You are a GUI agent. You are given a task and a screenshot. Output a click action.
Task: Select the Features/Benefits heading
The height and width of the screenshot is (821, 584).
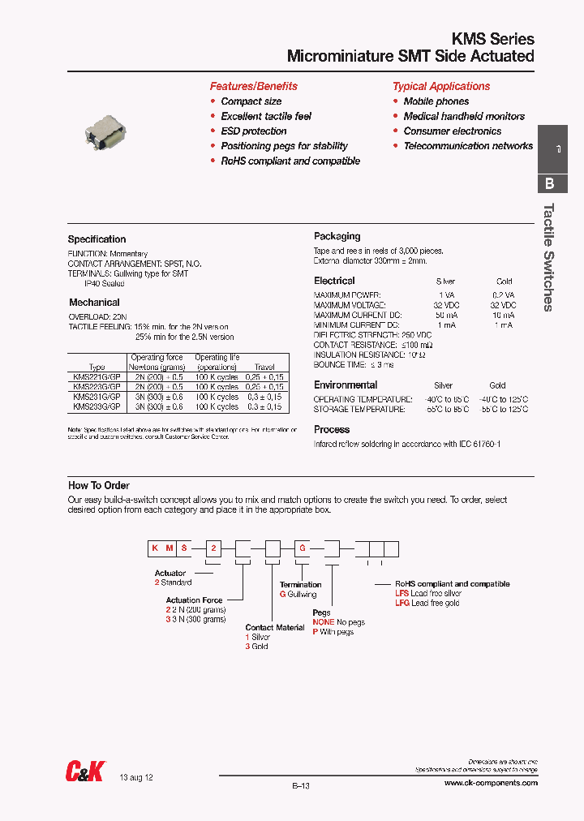click(253, 86)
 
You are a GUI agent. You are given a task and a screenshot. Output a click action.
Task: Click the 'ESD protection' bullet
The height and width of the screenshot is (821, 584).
click(253, 131)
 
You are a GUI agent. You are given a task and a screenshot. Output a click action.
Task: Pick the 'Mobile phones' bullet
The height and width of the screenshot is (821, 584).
click(436, 101)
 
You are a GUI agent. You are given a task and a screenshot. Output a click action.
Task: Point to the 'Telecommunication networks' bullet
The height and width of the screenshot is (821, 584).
click(468, 146)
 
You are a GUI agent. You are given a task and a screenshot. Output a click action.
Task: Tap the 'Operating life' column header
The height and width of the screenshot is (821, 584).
click(217, 357)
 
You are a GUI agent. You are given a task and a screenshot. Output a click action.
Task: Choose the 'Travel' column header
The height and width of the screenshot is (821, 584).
click(264, 368)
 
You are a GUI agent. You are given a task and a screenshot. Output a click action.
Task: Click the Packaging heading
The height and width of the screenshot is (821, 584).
click(337, 236)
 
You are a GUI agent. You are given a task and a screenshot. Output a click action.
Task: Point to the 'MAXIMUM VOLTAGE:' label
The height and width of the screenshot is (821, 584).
click(347, 304)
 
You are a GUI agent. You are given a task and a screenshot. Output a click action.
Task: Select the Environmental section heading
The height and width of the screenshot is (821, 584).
click(346, 385)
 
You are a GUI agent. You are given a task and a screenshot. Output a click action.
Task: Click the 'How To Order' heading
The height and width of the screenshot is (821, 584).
click(99, 486)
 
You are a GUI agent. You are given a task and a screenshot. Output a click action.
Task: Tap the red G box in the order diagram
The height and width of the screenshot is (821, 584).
click(302, 549)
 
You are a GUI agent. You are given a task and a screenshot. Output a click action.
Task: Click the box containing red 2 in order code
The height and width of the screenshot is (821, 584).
click(213, 549)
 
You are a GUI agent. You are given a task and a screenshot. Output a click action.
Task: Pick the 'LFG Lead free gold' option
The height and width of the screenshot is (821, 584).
click(427, 603)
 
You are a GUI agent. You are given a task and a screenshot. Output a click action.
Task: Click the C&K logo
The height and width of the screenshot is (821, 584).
click(84, 772)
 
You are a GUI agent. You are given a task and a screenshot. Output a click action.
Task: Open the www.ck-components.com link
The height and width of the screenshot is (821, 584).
click(491, 783)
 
